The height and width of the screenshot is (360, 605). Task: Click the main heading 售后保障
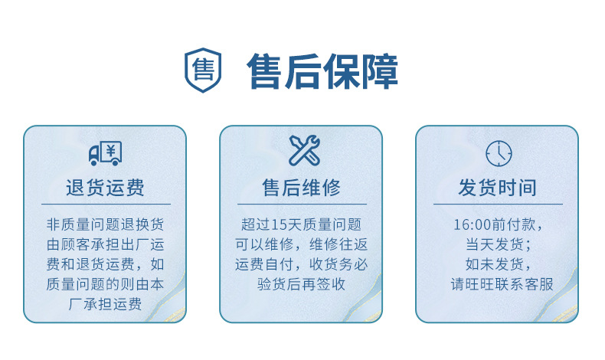[x=322, y=71]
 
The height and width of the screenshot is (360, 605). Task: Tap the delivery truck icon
[x=105, y=154]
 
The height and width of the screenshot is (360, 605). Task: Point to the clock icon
[x=498, y=153]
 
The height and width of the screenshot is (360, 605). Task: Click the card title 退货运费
[x=105, y=188]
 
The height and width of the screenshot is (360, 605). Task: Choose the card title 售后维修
[x=301, y=188]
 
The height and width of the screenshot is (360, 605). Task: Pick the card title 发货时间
[x=498, y=188]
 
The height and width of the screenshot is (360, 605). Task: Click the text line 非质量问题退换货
[x=105, y=225]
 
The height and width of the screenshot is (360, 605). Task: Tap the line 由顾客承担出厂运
[x=105, y=245]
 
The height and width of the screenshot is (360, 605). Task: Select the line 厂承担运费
[x=105, y=305]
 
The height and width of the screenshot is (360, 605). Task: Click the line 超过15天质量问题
[x=301, y=225]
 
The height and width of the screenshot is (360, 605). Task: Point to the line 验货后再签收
[x=301, y=285]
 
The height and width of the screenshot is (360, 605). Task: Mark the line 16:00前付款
[x=498, y=225]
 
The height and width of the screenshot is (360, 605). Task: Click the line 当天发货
[x=498, y=245]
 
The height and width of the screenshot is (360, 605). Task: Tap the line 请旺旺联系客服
[x=498, y=285]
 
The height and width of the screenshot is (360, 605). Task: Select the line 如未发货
[x=498, y=265]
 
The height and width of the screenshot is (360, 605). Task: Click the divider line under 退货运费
[x=105, y=205]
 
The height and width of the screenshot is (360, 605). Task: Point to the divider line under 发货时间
[x=498, y=205]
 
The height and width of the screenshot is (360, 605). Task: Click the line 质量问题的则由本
[x=105, y=285]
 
